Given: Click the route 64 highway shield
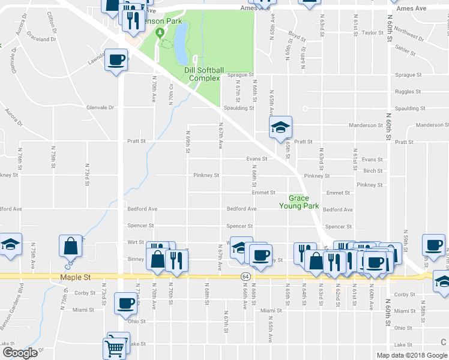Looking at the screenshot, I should pos(246,276).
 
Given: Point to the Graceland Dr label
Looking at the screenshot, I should pos(41,39).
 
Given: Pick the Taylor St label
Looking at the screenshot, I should pos(373,33).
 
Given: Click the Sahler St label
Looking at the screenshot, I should pos(406,52).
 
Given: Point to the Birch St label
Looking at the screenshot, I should pos(373,170).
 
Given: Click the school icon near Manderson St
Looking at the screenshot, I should pos(280,128).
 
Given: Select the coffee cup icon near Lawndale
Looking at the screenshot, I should pos(117,61).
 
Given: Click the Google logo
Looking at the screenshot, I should pos(20,353).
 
